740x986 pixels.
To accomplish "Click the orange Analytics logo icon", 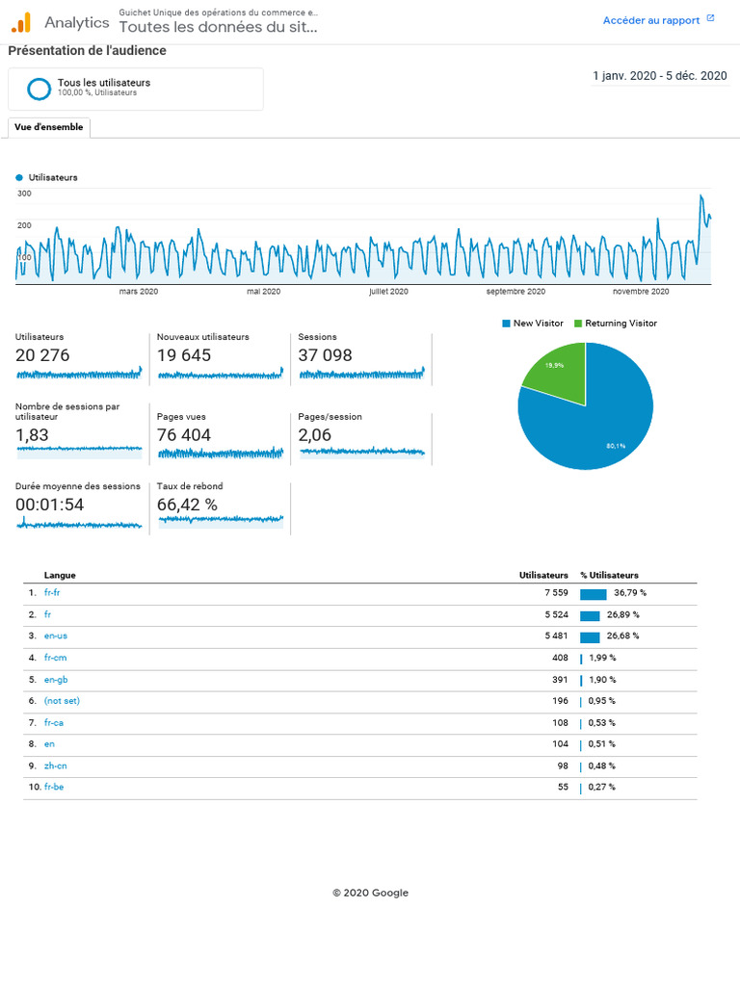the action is [21, 23].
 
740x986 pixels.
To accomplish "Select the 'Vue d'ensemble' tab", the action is [48, 127].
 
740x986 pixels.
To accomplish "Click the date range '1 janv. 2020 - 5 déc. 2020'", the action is [659, 76].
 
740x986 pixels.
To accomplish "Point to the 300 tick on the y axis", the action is [24, 193].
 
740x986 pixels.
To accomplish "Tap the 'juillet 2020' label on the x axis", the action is [388, 291].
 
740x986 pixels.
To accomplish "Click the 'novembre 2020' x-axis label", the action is [641, 291].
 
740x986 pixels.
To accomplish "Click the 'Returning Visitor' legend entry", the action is [616, 324].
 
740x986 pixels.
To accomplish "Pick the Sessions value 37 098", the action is [325, 355].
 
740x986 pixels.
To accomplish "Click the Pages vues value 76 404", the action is [184, 435].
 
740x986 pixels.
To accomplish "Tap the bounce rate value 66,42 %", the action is [187, 505].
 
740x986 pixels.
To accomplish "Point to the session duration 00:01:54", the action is [49, 505].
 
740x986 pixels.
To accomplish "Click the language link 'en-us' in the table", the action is [55, 636].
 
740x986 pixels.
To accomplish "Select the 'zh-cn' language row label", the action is [55, 765].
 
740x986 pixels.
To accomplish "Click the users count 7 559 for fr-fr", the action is [556, 592].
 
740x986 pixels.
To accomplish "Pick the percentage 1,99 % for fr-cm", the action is [602, 658].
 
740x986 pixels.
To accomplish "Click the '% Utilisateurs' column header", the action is [609, 575].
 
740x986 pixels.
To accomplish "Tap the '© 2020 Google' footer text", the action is [370, 893].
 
